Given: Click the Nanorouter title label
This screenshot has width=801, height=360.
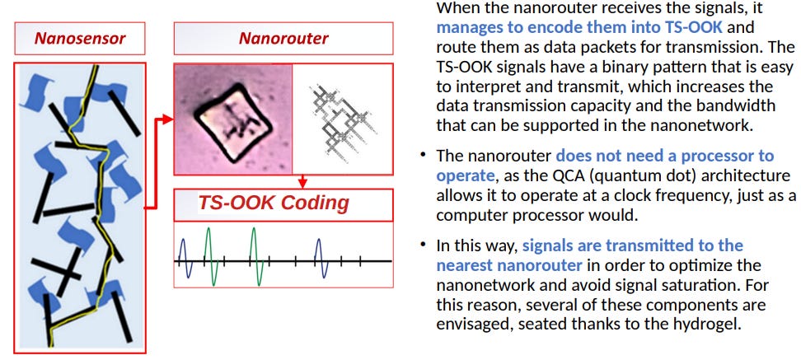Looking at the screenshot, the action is [283, 38].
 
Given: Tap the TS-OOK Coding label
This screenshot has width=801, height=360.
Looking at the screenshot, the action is [274, 203].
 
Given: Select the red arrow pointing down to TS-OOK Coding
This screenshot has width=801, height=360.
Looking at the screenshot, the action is [302, 181].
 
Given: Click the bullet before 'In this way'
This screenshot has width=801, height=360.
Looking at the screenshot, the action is [423, 245].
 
